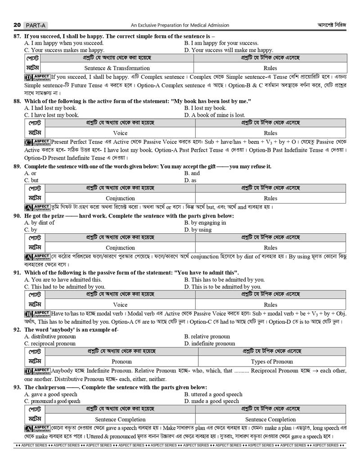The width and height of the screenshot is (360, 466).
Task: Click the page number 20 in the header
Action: click(17, 25)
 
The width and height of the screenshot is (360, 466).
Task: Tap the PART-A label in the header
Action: click(36, 25)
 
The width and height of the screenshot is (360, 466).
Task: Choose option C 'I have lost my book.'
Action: click(52, 115)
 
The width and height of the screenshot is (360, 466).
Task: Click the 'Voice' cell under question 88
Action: click(120, 133)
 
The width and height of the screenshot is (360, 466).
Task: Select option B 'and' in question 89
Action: click(192, 173)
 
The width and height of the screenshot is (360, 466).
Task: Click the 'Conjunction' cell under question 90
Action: click(120, 248)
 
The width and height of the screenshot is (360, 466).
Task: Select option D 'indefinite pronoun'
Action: click(210, 344)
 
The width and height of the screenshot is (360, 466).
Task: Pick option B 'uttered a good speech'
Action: click(213, 394)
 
